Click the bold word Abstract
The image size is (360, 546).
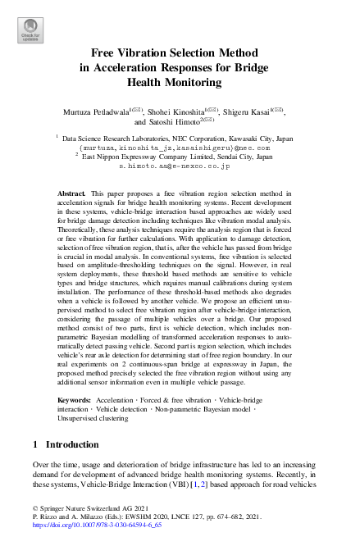pyautogui.click(x=71, y=192)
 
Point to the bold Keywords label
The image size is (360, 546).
pyautogui.click(x=75, y=399)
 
